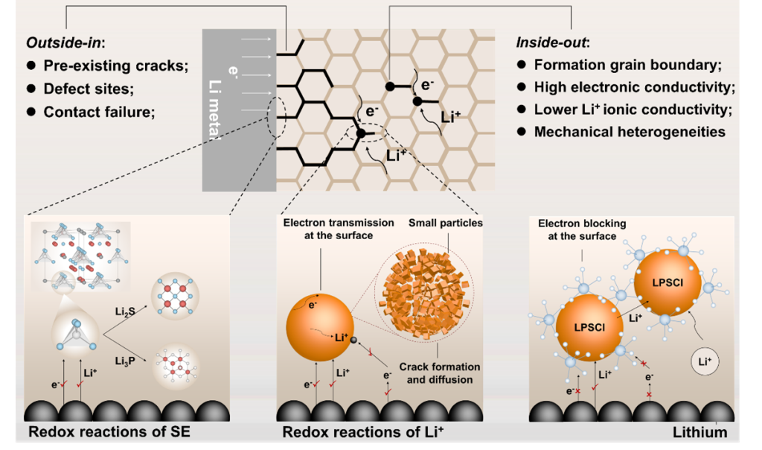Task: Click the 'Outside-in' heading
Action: [64, 43]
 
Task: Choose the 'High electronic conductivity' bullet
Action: [634, 87]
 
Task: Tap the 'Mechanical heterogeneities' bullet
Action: [630, 132]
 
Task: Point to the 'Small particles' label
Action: [445, 223]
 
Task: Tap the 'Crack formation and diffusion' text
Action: [440, 372]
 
